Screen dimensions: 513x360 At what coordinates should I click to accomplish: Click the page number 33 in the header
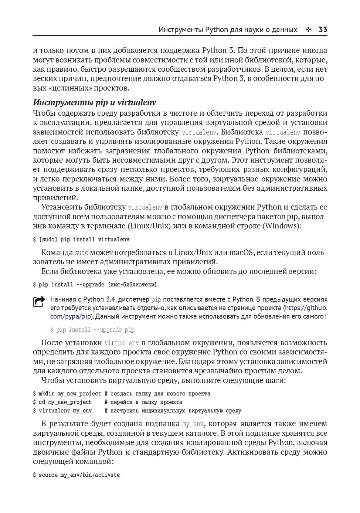tap(323, 30)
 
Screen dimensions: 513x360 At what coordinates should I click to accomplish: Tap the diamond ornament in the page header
tap(308, 30)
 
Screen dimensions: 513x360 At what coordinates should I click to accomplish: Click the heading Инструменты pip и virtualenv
tap(94, 102)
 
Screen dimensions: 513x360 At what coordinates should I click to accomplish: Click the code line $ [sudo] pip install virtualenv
tap(81, 239)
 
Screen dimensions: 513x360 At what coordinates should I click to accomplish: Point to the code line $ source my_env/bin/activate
tap(76, 475)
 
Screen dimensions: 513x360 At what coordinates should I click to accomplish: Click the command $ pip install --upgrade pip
tap(92, 330)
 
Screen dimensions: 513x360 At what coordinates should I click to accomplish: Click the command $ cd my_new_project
tap(62, 402)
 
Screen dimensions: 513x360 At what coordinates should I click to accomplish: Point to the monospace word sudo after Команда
tap(81, 253)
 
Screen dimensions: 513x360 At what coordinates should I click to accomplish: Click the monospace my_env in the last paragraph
tap(193, 424)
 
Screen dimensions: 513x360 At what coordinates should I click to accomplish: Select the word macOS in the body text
tap(241, 252)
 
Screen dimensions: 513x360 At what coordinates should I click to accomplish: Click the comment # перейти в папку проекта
tap(143, 402)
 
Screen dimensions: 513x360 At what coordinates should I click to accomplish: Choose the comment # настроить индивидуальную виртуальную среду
tap(173, 411)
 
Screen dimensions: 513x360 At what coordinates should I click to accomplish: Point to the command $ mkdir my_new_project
tap(67, 394)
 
